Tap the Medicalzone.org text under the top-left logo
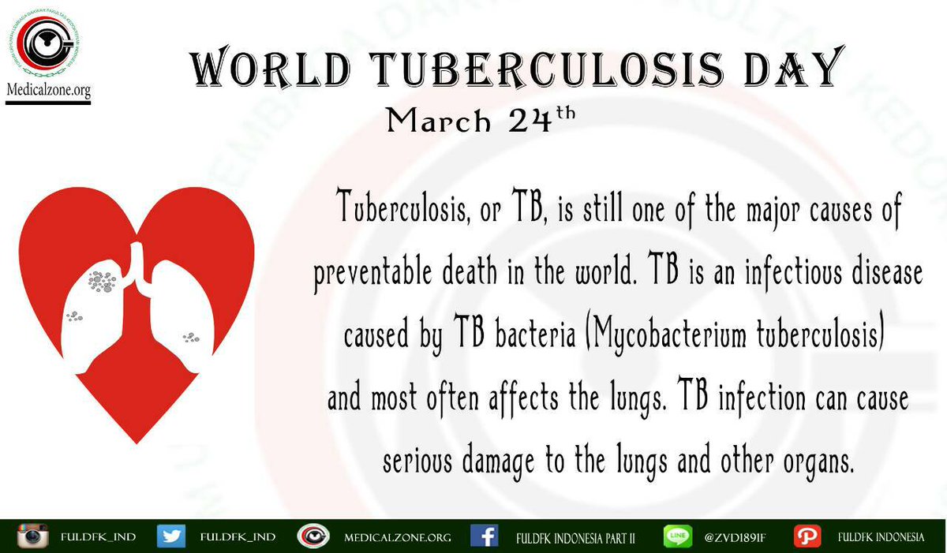tap(48, 92)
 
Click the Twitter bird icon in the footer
tap(170, 536)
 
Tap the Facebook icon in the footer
tap(484, 536)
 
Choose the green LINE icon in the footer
tap(677, 536)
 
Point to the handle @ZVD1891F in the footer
tap(736, 537)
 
